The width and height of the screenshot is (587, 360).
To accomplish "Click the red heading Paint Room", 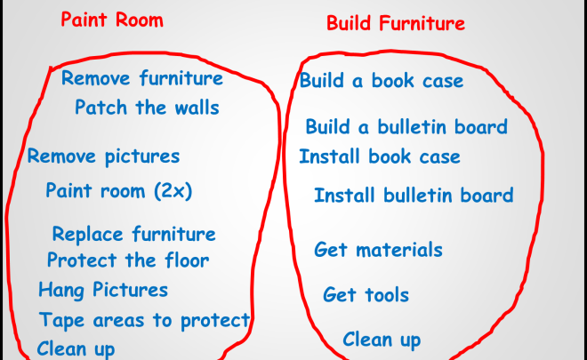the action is pos(112,20).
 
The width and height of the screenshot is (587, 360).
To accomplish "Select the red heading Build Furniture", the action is pos(396,23).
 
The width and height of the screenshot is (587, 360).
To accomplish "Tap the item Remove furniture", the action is pos(142,78).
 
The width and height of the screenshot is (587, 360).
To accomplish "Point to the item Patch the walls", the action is pos(147,108).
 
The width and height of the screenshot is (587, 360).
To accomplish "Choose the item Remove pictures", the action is pos(103,156).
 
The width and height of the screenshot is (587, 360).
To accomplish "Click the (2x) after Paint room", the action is pos(173,191).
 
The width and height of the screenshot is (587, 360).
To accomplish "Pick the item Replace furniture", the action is pos(134,235).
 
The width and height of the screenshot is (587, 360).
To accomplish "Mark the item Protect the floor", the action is pos(128,260).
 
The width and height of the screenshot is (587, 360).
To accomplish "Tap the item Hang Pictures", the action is pos(103,290).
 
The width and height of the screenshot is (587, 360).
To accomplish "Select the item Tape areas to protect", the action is pos(144,321).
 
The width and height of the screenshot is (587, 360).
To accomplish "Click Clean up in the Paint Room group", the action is pos(76,349).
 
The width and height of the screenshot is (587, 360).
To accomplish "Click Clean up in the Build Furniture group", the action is pos(382,340).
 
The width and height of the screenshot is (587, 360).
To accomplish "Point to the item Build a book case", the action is pos(382,81).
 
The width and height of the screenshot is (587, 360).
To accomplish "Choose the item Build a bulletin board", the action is pos(406,126).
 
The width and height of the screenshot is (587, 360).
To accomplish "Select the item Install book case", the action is pos(380,156).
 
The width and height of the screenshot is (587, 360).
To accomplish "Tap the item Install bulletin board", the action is pos(414,195).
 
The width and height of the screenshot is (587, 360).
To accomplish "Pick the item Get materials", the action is pos(378,250).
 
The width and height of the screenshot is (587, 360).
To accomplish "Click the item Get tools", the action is pos(366,294).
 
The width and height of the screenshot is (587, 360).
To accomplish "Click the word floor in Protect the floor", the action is pos(187,260).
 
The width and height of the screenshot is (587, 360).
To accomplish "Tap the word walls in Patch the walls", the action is pos(197,108).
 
